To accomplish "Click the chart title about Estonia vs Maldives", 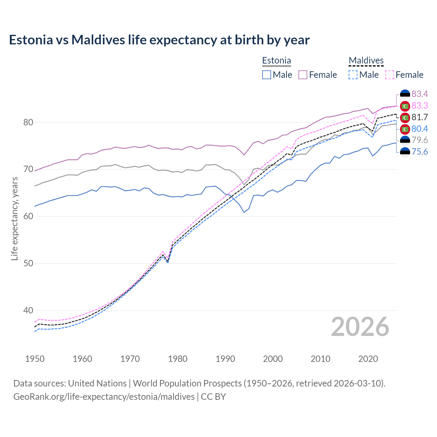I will [x=159, y=40].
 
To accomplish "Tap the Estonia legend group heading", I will [x=277, y=61].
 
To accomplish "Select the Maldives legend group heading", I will [x=366, y=61].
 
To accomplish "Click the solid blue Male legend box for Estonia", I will [x=267, y=75].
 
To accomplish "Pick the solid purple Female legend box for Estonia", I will [x=303, y=75].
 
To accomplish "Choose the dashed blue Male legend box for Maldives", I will [x=353, y=75].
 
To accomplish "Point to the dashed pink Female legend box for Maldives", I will [x=390, y=75].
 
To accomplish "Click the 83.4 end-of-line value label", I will [x=420, y=94].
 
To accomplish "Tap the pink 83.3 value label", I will [x=420, y=105].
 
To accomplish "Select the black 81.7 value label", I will [x=420, y=117].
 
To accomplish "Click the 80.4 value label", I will [x=420, y=129].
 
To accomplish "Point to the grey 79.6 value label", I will [x=420, y=140].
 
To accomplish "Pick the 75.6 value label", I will [x=420, y=152].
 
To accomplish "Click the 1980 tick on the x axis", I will [x=178, y=359].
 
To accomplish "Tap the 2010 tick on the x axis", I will [x=320, y=359].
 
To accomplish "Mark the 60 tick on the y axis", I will [x=28, y=216].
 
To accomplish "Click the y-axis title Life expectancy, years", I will [x=14, y=218].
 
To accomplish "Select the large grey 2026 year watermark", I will [x=360, y=327].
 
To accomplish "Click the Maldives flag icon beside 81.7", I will [x=405, y=117].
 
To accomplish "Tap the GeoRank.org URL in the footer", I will [x=104, y=396].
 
